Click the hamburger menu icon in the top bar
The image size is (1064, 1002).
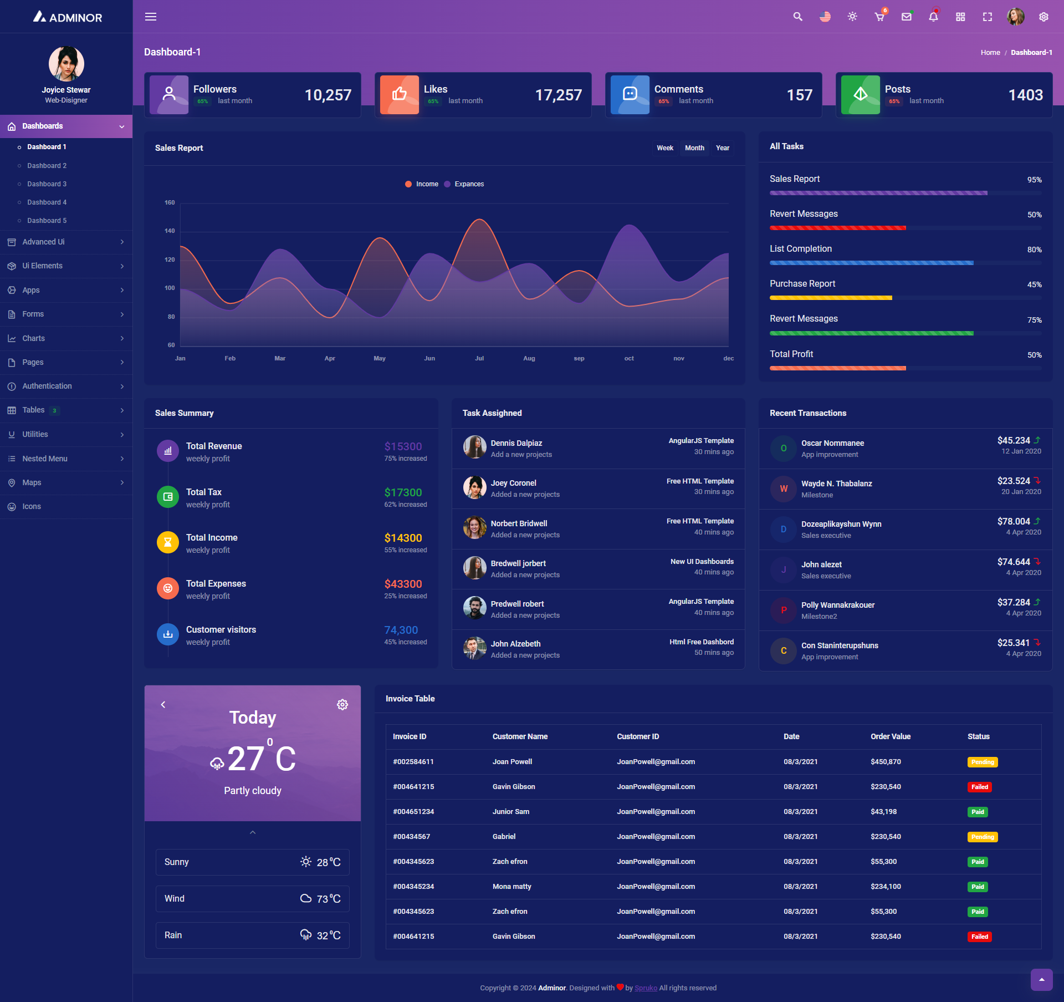pos(151,17)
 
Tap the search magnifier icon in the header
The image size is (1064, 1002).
pos(797,17)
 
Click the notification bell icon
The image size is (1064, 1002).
pos(933,17)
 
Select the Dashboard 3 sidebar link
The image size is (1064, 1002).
pos(47,184)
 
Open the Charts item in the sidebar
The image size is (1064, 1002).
pos(33,338)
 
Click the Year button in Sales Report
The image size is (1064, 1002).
pos(722,148)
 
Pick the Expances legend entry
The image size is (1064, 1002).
pos(469,184)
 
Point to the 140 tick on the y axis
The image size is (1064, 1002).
pos(170,231)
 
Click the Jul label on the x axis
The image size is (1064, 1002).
pos(479,358)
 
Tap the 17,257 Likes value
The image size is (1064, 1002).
pos(558,95)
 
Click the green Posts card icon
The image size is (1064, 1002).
pos(860,95)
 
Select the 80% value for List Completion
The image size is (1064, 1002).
pos(1034,250)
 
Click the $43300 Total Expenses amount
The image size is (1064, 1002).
pos(403,584)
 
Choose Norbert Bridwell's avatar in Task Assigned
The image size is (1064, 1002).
pos(474,528)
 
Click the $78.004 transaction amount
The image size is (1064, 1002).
pos(1014,521)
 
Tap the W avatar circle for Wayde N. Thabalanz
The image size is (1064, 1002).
pos(784,489)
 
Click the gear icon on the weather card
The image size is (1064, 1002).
pos(342,705)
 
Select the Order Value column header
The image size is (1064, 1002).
pos(890,736)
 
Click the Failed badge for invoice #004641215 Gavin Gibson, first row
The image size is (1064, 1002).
pos(979,787)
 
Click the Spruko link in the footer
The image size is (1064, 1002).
pos(646,988)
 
